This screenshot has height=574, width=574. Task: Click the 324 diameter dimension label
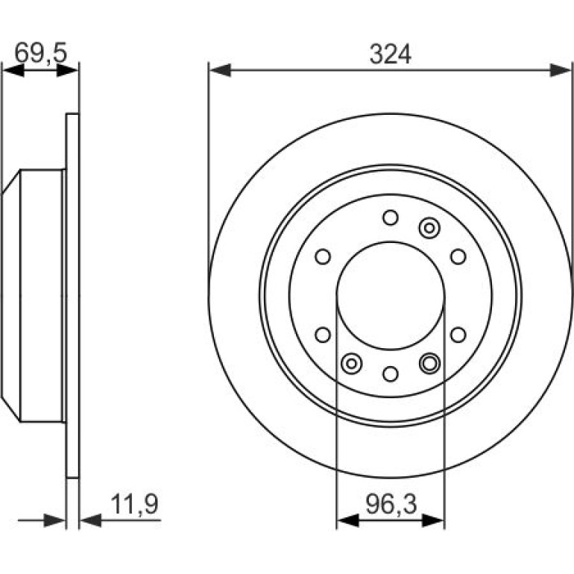[x=390, y=54]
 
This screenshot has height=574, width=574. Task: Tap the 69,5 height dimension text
[x=41, y=53]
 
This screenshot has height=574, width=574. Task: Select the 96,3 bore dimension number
[x=391, y=504]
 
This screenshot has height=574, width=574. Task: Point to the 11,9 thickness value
[x=134, y=504]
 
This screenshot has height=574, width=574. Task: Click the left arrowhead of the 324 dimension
[x=220, y=70]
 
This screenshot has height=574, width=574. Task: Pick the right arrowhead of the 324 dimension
[x=560, y=70]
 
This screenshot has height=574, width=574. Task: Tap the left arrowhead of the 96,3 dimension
[x=348, y=520]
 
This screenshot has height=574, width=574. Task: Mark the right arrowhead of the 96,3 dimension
[x=433, y=520]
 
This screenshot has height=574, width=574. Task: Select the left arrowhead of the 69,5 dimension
[x=13, y=70]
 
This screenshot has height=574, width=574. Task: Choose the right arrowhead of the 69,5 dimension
[x=67, y=70]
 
